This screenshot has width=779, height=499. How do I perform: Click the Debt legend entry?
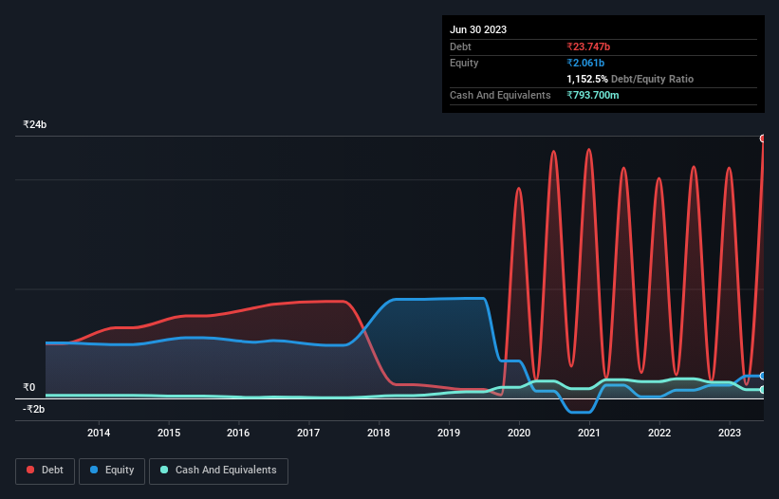(47, 470)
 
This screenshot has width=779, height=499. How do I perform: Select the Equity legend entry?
(113, 470)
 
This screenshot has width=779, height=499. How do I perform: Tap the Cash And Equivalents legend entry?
(218, 470)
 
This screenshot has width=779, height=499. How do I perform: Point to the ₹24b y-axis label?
(35, 125)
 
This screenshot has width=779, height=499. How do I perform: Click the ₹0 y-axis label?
(28, 387)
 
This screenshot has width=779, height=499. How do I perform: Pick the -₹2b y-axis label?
(34, 409)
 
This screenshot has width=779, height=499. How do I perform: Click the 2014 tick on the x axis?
(99, 433)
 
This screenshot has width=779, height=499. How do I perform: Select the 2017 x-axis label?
(308, 433)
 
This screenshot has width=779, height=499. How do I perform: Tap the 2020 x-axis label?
(519, 433)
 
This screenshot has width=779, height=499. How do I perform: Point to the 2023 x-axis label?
(729, 433)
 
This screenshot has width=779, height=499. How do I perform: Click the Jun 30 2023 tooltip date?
(478, 29)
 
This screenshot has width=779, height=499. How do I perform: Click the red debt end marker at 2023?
(763, 139)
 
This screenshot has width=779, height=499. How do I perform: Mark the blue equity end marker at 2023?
(763, 376)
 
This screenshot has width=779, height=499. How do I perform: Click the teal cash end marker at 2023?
(763, 390)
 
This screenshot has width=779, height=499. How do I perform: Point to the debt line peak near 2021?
(588, 149)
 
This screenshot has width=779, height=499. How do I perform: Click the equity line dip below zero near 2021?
(579, 412)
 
